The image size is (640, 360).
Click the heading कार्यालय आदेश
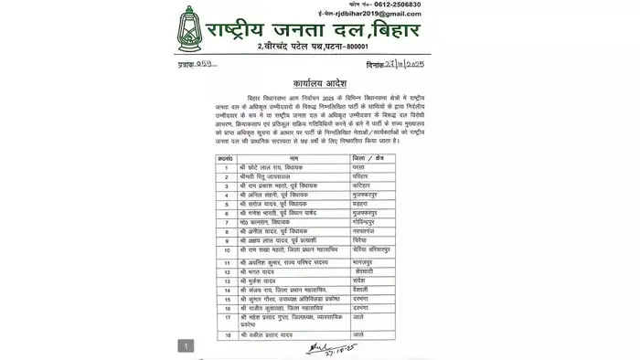coord(320,83)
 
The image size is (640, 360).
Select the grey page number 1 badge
coord(187,345)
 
